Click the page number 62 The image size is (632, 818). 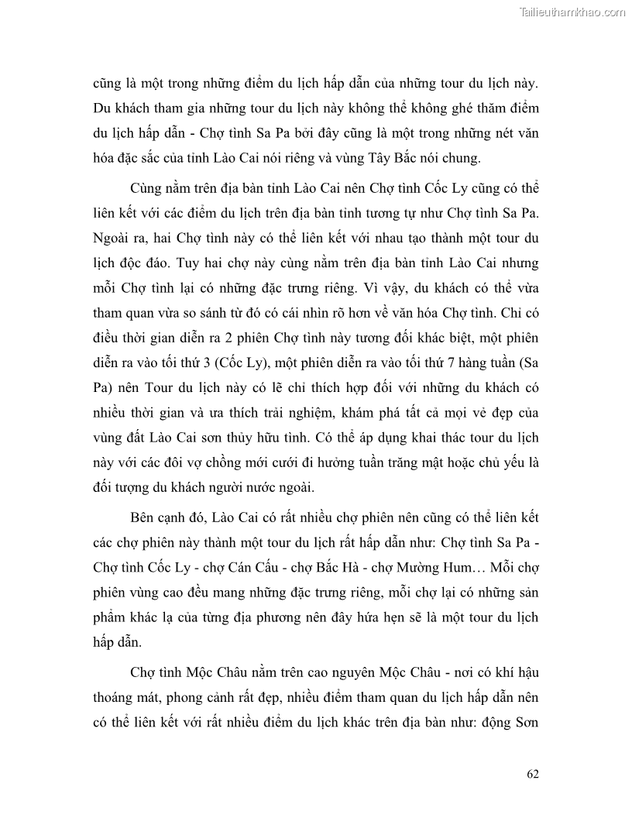coord(531,774)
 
